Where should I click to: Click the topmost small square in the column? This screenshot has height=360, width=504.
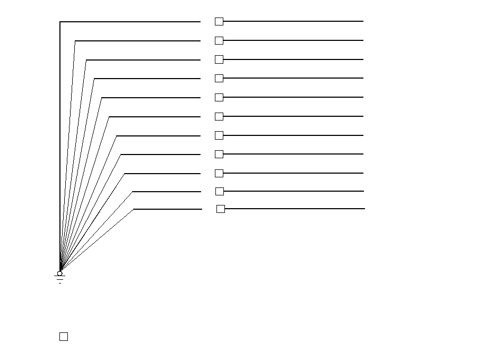(x=219, y=21)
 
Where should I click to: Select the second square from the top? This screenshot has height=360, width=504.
(x=219, y=40)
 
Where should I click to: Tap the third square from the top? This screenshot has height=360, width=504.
(x=219, y=59)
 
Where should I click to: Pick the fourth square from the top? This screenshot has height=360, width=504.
(x=219, y=78)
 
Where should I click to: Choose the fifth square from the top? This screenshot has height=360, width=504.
(x=219, y=97)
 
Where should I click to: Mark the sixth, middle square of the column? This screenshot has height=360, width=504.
(x=219, y=116)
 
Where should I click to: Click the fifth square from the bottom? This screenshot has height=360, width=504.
(x=219, y=135)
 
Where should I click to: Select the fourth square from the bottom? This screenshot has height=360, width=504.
(x=219, y=154)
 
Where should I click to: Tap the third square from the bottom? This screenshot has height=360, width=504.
(x=219, y=173)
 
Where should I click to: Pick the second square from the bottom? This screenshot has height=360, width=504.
(x=219, y=191)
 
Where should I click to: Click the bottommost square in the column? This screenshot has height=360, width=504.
(x=220, y=209)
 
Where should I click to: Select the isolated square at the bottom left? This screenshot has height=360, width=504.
(x=63, y=337)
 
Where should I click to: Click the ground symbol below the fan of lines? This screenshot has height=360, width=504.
(x=59, y=278)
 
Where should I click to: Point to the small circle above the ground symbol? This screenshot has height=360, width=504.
(x=59, y=273)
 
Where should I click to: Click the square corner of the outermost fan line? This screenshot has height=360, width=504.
(x=60, y=22)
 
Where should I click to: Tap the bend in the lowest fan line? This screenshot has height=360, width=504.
(x=133, y=209)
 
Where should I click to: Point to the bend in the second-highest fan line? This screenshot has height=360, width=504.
(x=75, y=40)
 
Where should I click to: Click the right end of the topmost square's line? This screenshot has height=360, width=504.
(x=363, y=21)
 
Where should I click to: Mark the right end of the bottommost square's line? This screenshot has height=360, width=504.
(x=364, y=209)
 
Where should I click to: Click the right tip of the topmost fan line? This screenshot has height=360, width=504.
(x=200, y=22)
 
